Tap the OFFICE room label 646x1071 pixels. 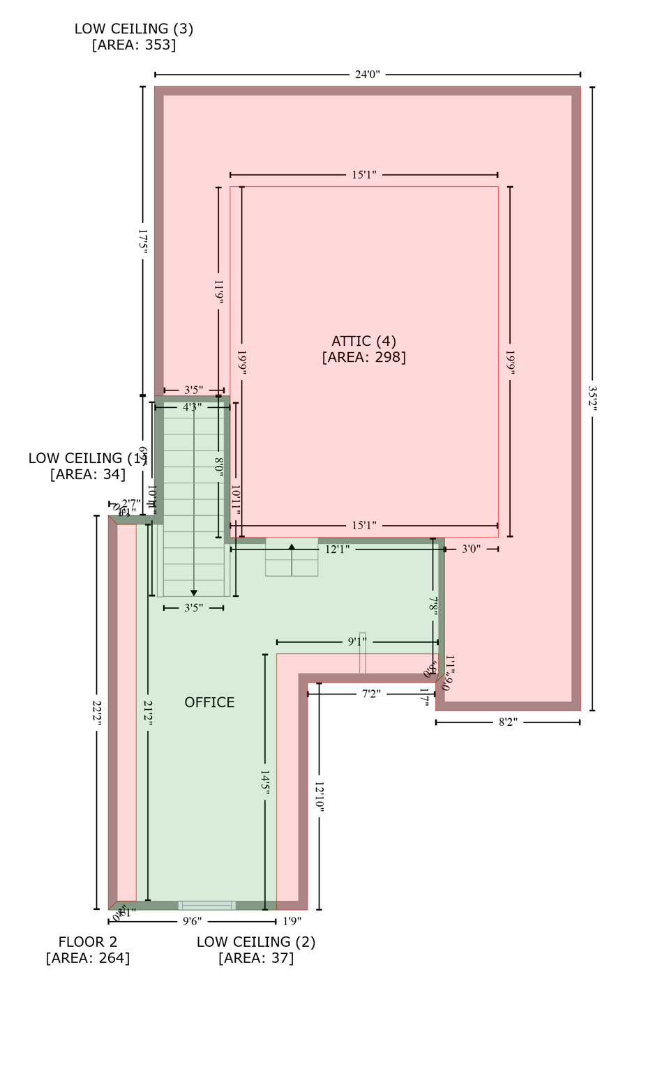[x=209, y=703]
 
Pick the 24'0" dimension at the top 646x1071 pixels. [x=367, y=75]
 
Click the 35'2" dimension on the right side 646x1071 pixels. [x=592, y=398]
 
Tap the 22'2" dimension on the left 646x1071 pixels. [x=97, y=712]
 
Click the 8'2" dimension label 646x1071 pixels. [x=508, y=722]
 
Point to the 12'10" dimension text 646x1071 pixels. [x=319, y=796]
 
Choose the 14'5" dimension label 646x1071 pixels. [x=265, y=781]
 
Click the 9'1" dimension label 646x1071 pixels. [x=358, y=642]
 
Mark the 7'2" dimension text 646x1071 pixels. [x=371, y=694]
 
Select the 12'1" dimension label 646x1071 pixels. [x=337, y=549]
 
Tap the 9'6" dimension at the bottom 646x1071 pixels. [x=193, y=922]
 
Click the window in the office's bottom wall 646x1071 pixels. [x=206, y=905]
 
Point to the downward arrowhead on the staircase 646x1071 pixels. [x=194, y=593]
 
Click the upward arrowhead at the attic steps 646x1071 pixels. [x=292, y=547]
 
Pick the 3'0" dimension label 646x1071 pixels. [x=471, y=549]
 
